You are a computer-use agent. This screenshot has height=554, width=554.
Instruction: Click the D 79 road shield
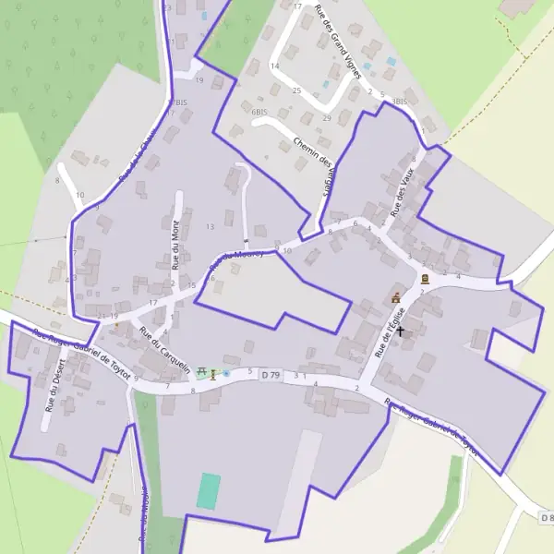point(270,375)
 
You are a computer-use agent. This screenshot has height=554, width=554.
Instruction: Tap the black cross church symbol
point(400,329)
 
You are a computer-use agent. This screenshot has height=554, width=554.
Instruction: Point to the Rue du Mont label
point(175,242)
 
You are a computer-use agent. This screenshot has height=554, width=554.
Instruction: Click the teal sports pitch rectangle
point(209,490)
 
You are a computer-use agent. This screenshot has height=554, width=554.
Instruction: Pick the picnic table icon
point(200,373)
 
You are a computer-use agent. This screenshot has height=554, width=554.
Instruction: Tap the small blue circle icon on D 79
point(226,373)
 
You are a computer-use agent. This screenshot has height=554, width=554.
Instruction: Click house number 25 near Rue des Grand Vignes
point(296,90)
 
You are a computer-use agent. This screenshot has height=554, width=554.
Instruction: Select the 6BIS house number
point(259,112)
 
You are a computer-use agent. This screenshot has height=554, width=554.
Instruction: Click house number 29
point(327,118)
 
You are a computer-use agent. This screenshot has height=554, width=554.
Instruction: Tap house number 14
point(274,66)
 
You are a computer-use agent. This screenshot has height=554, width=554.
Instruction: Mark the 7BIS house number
point(177,102)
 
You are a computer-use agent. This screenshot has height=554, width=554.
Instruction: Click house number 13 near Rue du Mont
point(210,226)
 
